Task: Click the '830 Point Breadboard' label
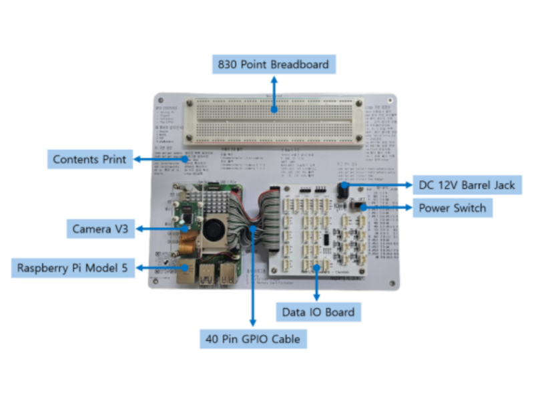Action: (x=273, y=64)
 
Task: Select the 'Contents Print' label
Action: (x=89, y=160)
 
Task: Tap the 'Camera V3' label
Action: (x=101, y=229)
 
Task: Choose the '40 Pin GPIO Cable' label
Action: (x=252, y=339)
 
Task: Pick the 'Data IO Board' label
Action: (x=318, y=311)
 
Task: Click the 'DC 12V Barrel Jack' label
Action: (x=466, y=184)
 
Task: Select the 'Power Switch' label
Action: (x=452, y=208)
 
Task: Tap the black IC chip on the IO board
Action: (x=325, y=241)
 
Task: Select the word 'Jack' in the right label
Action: (x=502, y=184)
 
